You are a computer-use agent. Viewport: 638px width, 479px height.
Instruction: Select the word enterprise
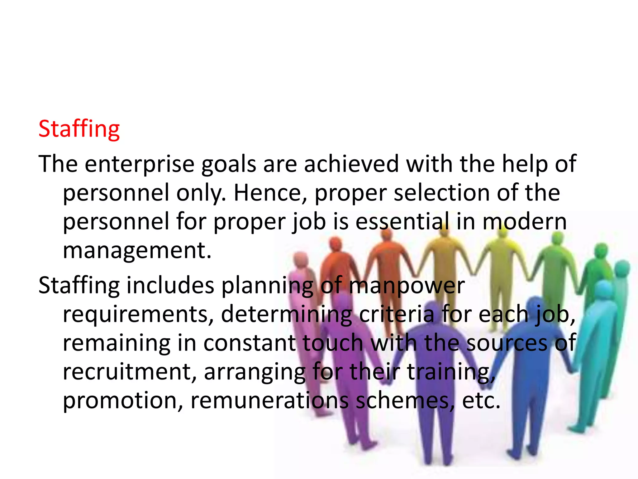[140, 164]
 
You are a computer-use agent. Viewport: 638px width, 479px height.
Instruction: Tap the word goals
[229, 164]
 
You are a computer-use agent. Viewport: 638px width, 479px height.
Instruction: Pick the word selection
[441, 193]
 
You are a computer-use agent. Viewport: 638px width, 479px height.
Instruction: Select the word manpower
[407, 286]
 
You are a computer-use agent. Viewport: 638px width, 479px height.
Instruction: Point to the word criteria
[397, 314]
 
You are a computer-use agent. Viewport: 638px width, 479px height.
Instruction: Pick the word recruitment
[130, 372]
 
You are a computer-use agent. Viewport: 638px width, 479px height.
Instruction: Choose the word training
[451, 372]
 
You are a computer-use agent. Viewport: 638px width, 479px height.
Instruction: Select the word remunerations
[269, 400]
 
